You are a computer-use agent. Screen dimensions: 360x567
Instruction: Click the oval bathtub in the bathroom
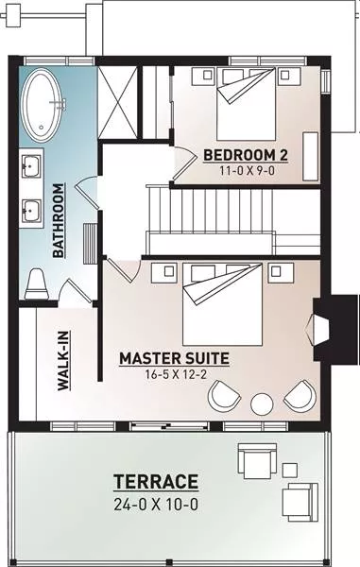coord(43,105)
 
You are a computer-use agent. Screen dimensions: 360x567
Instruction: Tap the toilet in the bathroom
coord(37,283)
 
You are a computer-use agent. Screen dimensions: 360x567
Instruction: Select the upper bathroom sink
coord(31,166)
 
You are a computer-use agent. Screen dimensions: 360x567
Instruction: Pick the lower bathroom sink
coord(31,211)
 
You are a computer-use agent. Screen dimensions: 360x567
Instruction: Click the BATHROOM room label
coord(59,220)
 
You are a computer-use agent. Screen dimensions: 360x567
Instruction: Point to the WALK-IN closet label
coord(64,361)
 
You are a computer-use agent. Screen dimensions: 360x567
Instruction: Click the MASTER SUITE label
coord(174,358)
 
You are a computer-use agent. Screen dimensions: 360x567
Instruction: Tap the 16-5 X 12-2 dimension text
coord(176,374)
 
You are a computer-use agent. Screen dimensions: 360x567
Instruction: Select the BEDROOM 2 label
coord(246,155)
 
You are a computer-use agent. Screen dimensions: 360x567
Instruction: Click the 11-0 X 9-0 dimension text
coord(247,170)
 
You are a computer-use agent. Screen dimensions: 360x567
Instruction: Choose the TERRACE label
coord(156,482)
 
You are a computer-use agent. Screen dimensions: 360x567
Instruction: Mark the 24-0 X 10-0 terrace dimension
coord(156,504)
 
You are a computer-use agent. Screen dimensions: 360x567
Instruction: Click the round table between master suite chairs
coord(262,404)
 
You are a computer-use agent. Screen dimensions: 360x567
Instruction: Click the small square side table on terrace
coord(290,470)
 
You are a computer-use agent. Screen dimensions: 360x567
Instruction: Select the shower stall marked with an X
coord(118,102)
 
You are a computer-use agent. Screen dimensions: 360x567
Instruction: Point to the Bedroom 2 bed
coord(247,104)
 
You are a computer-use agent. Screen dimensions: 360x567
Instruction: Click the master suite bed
coord(222,304)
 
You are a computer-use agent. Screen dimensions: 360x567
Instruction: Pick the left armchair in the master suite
coord(224,396)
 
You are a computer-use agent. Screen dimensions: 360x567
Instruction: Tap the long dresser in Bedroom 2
coord(311,156)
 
